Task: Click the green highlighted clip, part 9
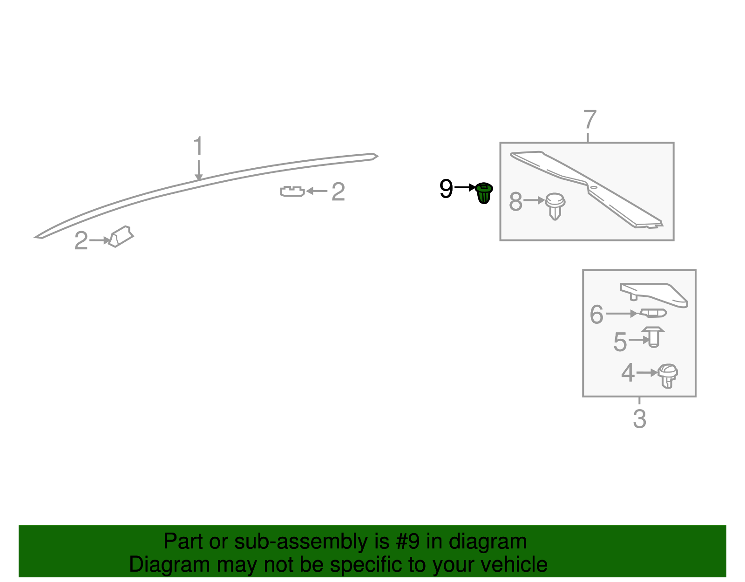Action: (483, 193)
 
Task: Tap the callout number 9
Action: (446, 189)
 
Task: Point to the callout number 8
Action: (515, 201)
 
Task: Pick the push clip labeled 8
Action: (555, 206)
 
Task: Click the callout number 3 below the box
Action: (639, 419)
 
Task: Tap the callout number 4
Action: (628, 373)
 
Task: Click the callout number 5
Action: (620, 342)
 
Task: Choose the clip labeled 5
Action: (653, 337)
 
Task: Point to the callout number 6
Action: (596, 314)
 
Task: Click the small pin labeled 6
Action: (653, 313)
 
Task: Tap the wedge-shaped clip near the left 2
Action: (121, 236)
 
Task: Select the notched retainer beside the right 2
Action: (292, 192)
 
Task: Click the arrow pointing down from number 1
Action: (199, 170)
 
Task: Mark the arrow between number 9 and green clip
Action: (465, 188)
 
